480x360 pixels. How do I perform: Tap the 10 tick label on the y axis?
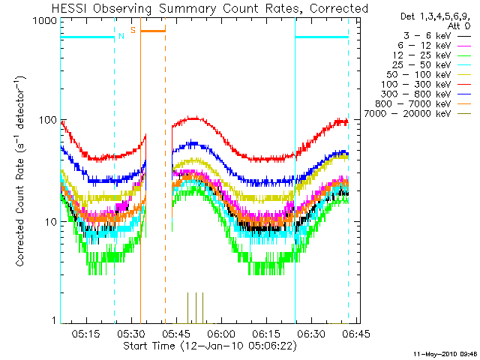click(x=51, y=222)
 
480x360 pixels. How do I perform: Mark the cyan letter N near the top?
click(x=121, y=34)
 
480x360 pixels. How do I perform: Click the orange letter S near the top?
click(x=133, y=30)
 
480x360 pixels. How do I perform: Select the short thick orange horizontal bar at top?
click(x=153, y=31)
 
